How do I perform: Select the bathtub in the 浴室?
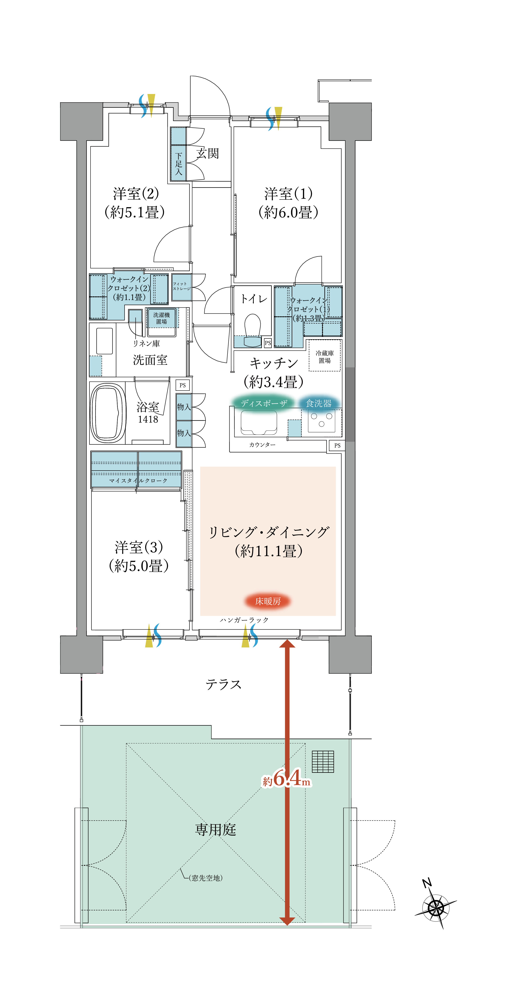108,413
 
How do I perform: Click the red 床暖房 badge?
268,601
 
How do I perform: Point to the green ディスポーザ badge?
264,403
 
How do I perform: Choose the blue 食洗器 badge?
319,403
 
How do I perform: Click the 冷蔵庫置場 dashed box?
324,356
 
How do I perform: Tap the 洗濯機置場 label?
161,318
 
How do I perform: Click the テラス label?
223,684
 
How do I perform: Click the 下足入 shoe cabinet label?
178,164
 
